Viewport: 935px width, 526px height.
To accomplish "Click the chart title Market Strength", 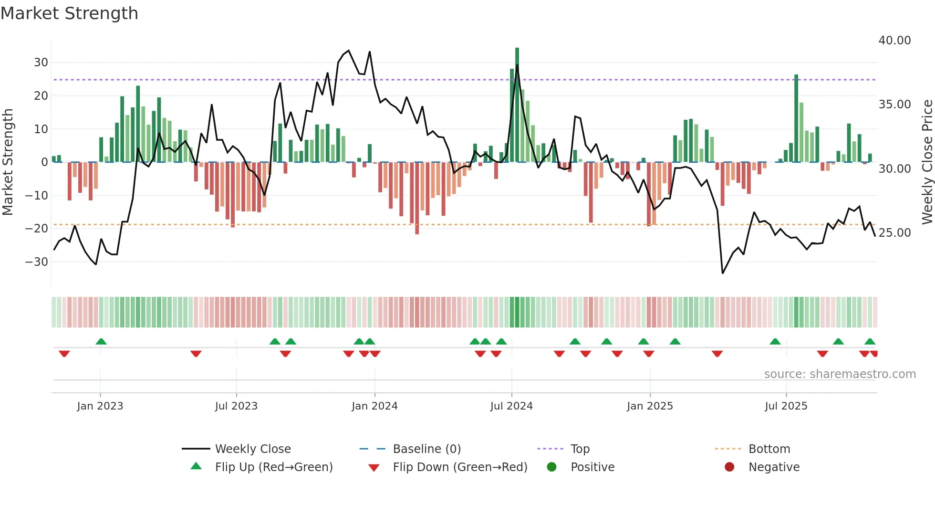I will coord(70,13).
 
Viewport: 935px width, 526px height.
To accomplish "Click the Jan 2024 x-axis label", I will coord(374,406).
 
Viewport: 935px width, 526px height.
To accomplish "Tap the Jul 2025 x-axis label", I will coord(786,406).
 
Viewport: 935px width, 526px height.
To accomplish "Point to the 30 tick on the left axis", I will coord(41,63).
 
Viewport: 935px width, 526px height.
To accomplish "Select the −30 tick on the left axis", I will coord(37,262).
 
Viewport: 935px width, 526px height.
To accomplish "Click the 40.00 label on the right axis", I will coord(894,41).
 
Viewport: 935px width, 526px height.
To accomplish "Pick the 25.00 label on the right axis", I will coord(894,233).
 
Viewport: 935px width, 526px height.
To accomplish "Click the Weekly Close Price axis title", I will coord(927,162).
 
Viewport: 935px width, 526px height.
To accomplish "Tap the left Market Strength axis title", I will coord(8,162).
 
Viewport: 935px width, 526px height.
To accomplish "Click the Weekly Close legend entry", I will coord(253,449).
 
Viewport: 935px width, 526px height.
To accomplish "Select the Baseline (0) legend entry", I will coord(426,449).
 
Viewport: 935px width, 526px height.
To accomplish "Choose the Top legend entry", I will coord(580,449).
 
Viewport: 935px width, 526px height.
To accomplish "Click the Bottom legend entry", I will coord(769,449).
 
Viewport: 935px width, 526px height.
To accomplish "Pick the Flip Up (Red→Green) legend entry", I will coord(274,467).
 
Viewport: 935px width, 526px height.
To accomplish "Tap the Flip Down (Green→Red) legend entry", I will coord(460,467).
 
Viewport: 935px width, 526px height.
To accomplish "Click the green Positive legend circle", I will coord(552,467).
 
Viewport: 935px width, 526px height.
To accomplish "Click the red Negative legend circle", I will coord(729,467).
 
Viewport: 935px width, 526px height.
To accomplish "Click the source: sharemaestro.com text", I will coord(840,374).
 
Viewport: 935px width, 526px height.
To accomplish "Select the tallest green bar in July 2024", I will coord(517,105).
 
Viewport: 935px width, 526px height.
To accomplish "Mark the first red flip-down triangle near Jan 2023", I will coord(64,354).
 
